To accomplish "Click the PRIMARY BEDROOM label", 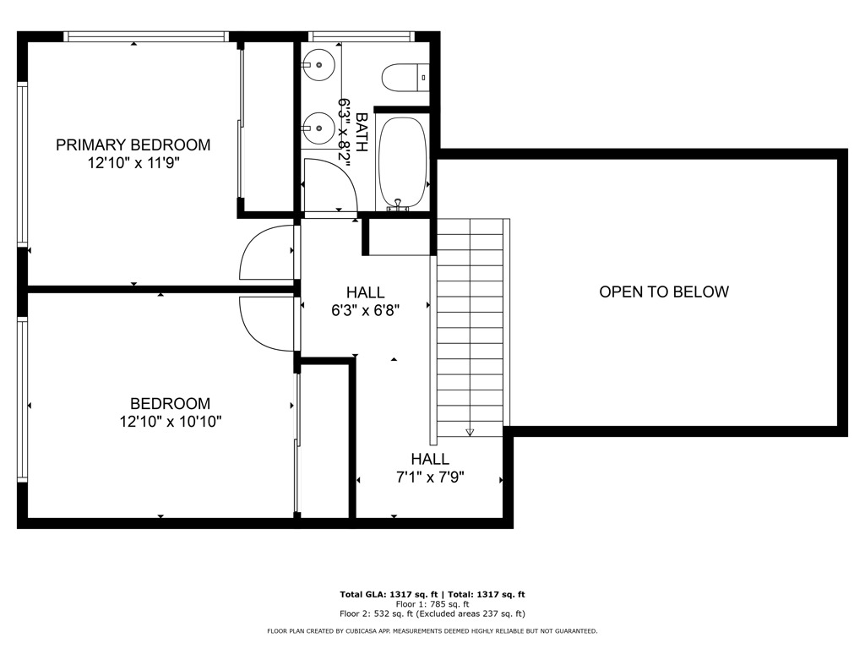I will (x=133, y=145).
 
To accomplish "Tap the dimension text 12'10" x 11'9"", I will (x=133, y=163).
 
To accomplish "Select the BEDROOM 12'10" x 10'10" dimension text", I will (x=170, y=422).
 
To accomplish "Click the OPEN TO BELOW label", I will (x=663, y=292).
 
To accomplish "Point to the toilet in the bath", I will (x=405, y=79).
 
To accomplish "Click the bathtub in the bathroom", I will (x=402, y=162).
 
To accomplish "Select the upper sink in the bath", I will (x=318, y=63).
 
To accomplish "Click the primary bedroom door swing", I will (x=267, y=254).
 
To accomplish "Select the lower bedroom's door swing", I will (x=267, y=324).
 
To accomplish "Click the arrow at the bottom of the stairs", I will (x=470, y=432).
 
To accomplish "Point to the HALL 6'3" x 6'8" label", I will (x=365, y=302).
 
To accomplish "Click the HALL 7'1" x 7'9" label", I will (x=430, y=468).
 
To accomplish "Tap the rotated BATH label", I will (x=361, y=133).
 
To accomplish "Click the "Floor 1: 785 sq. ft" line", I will (x=432, y=604).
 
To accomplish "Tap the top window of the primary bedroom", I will (x=146, y=36).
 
